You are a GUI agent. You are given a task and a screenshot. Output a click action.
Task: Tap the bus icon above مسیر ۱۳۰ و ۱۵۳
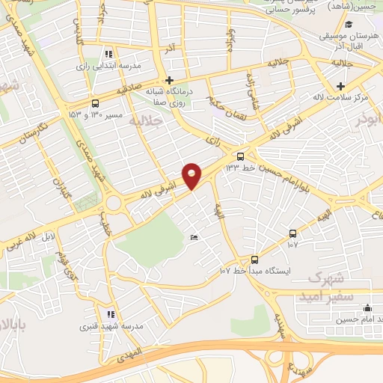(94, 103)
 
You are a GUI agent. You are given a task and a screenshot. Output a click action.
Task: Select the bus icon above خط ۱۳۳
(240, 156)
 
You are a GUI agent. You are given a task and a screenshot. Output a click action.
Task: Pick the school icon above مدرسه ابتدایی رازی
(109, 54)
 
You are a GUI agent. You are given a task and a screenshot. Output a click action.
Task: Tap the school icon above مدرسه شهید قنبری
(111, 315)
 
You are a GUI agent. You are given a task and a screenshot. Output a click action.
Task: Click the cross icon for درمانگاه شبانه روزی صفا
(170, 80)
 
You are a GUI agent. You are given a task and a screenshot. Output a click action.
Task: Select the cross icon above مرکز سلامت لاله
(342, 86)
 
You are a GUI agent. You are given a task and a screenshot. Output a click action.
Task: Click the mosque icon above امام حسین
(367, 307)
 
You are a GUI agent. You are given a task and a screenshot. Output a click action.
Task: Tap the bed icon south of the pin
(194, 238)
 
